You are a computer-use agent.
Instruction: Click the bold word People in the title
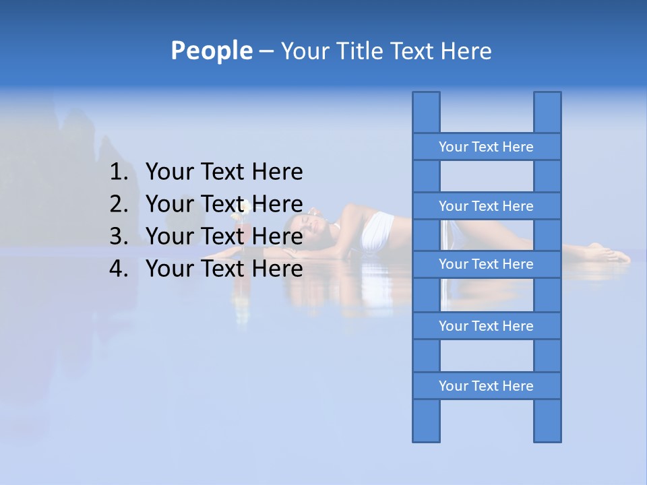point(211,51)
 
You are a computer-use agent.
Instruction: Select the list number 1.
point(118,172)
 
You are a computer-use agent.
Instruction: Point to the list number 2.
point(118,204)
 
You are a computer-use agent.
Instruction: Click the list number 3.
point(118,236)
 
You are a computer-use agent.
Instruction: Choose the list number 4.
point(118,269)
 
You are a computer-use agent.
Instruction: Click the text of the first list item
point(224,172)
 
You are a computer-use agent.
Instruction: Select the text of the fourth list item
point(224,269)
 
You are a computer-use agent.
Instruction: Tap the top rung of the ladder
point(486,147)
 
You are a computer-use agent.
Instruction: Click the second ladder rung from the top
point(486,206)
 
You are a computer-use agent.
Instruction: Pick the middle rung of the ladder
point(486,264)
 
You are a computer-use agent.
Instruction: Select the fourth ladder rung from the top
point(486,326)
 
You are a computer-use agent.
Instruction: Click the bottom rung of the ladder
point(486,386)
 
